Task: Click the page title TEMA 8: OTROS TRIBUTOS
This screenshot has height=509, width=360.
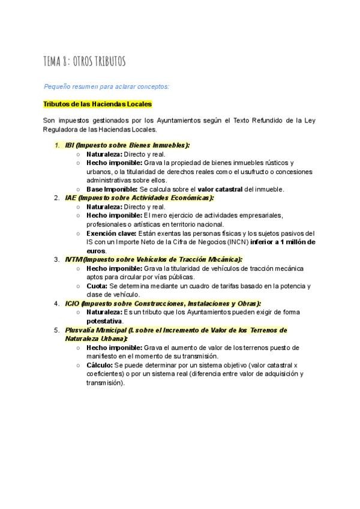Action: tap(84, 61)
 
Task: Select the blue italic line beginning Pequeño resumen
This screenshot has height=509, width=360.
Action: tap(107, 86)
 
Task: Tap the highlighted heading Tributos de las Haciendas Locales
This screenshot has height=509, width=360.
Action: tap(97, 104)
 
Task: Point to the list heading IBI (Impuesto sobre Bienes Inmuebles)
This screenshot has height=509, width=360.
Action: tap(127, 145)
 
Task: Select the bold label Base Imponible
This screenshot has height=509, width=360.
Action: tap(112, 189)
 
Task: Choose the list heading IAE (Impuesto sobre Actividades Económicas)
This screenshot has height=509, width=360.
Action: tap(139, 197)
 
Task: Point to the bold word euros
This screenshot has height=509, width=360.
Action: tap(96, 250)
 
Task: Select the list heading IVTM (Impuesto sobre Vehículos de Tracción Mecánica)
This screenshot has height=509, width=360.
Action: tap(154, 259)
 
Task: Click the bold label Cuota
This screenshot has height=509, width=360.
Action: tap(97, 286)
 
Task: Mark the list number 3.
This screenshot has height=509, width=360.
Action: tap(56, 259)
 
